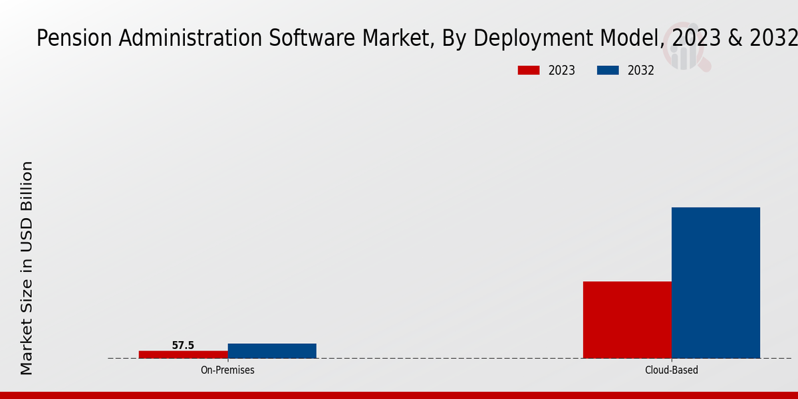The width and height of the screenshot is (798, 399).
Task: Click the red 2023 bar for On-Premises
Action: [183, 354]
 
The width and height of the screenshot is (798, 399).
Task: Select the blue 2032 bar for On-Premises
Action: [272, 351]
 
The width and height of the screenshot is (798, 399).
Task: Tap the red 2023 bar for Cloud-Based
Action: [627, 320]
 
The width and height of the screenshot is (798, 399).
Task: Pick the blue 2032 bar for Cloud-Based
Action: [716, 283]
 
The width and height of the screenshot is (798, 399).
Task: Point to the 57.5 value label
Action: [183, 345]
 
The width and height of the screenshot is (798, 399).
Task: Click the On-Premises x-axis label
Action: [227, 370]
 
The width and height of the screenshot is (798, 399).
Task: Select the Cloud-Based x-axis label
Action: [672, 370]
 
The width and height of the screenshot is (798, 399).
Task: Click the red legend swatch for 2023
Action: [529, 70]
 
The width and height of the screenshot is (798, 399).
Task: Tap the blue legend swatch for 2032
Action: [608, 70]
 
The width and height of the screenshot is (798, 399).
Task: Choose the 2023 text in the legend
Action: [562, 70]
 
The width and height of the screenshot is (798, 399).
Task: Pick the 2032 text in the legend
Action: [641, 70]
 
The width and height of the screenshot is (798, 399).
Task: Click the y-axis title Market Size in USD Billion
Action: [27, 267]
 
